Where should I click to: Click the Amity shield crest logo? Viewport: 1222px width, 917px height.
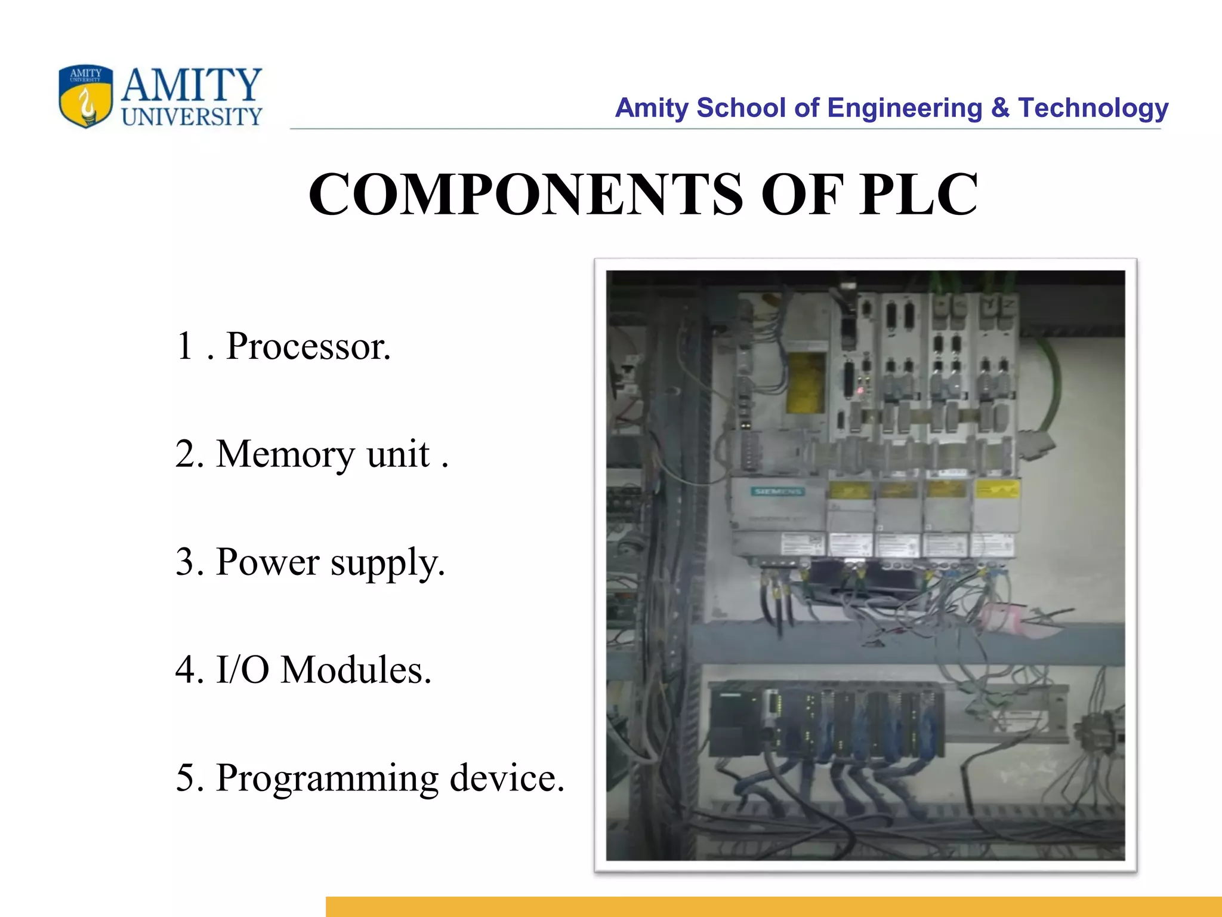[85, 96]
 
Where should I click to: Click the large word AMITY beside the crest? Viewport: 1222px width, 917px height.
[192, 85]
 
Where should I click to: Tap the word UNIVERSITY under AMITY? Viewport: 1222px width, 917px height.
[192, 117]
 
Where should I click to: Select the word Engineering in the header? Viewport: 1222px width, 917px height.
[905, 108]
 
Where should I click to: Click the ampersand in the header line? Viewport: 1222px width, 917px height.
[1000, 108]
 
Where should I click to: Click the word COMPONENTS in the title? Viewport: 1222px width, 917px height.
[526, 194]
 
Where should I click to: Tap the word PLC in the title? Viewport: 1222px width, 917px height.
[918, 194]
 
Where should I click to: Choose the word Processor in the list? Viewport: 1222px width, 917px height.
[308, 346]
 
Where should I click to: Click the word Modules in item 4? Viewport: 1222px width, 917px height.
[356, 670]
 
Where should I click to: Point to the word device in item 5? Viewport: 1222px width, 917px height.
[507, 777]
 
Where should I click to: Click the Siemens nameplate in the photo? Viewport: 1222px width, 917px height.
[777, 491]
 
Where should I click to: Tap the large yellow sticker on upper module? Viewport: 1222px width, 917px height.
[805, 382]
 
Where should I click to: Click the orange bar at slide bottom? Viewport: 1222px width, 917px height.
[773, 906]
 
